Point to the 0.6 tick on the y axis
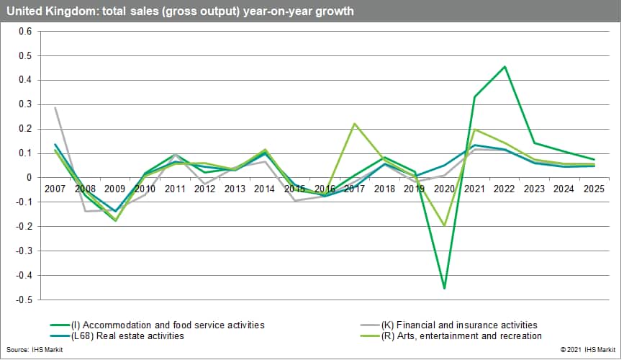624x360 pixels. [x=26, y=32]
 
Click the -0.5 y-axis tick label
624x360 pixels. [x=24, y=300]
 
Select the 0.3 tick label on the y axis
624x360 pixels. [x=26, y=104]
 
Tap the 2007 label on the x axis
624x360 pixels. [x=56, y=189]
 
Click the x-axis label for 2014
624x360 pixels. [x=264, y=189]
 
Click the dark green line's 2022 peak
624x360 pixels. [x=505, y=67]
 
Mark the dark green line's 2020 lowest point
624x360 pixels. [x=445, y=288]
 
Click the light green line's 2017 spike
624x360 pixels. [x=355, y=124]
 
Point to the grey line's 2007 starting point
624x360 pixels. [x=55, y=107]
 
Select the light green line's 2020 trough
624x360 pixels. [x=445, y=225]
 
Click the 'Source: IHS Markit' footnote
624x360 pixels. [x=28, y=348]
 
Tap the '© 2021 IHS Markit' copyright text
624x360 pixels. [x=582, y=348]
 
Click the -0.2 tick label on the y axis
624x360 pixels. [x=24, y=226]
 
